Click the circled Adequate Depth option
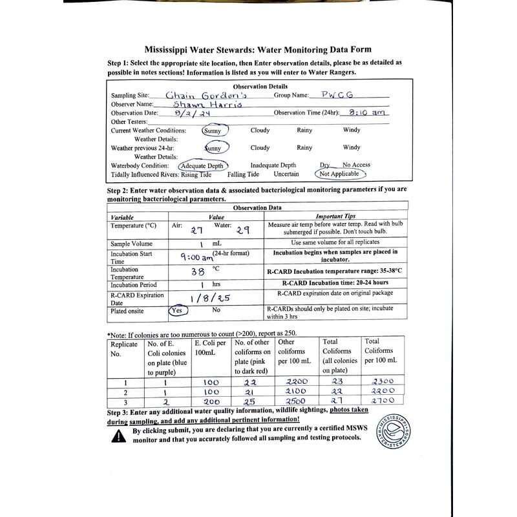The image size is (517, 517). [x=203, y=165]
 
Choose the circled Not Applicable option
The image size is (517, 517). [x=339, y=174]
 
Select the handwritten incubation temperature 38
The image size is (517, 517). [x=198, y=272]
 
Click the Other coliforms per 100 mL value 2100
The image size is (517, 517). [x=294, y=392]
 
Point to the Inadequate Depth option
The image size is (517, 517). [x=273, y=165]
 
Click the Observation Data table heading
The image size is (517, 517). [x=257, y=207]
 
